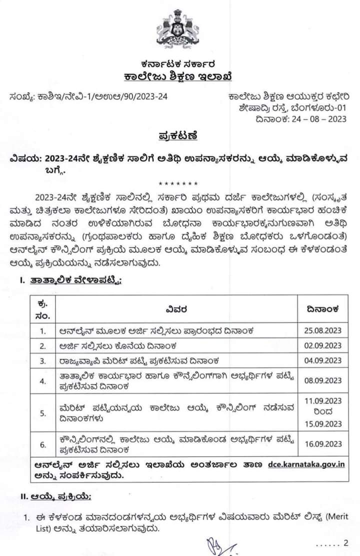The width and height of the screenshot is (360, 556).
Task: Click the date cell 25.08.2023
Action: (x=322, y=330)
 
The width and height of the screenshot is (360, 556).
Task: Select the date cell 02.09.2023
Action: (x=322, y=345)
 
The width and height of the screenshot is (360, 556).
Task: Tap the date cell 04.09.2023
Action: (x=322, y=360)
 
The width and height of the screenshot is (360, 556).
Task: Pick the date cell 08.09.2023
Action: (x=322, y=380)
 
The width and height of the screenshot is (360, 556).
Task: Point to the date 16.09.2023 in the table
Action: (x=322, y=443)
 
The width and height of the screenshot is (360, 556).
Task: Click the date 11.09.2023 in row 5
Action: (x=322, y=401)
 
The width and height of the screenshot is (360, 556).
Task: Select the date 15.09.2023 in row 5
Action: (x=322, y=424)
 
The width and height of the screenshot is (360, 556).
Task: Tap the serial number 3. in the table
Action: (x=43, y=360)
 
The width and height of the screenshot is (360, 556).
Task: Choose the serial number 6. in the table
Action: (x=43, y=443)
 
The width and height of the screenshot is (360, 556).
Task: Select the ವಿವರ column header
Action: (x=176, y=309)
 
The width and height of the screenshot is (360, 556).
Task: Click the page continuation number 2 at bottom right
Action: (x=345, y=543)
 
